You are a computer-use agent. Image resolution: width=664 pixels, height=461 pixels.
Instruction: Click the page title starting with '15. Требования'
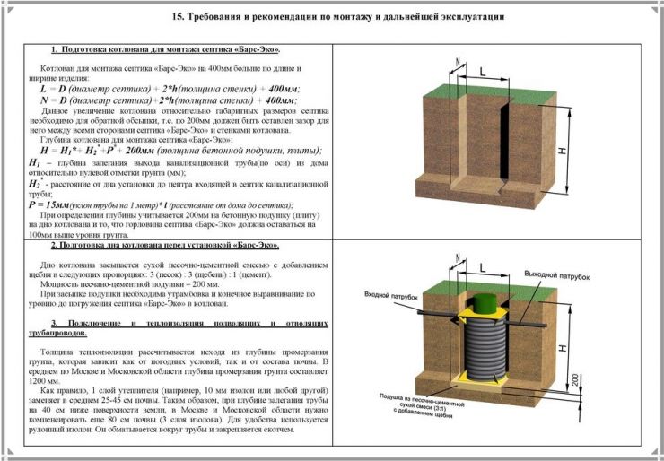click(336, 16)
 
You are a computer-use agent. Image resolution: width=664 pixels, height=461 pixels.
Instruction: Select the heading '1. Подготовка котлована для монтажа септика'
click(165, 48)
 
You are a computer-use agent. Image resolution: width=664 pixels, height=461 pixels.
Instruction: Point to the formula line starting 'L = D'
click(170, 90)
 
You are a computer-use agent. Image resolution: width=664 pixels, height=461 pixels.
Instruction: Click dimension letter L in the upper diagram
click(482, 70)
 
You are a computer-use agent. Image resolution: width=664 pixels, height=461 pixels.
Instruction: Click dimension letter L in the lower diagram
click(482, 267)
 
